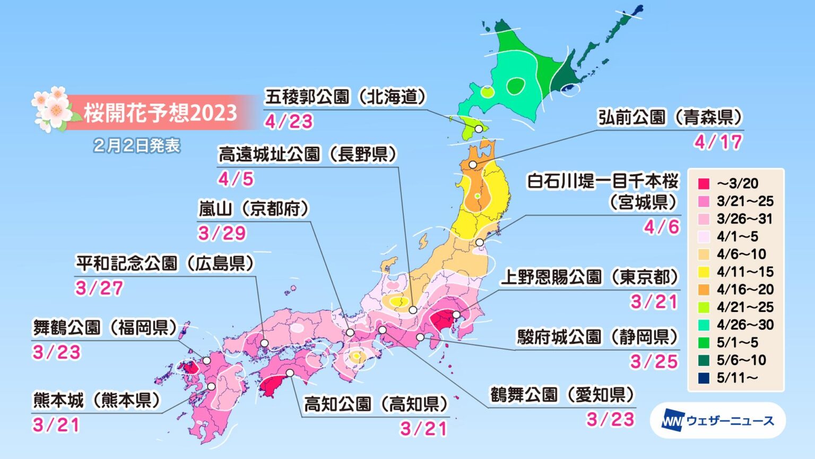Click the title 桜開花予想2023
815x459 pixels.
(160, 113)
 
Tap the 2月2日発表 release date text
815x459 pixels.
(137, 146)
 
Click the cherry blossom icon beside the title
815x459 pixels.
(52, 109)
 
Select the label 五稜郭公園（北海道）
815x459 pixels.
(346, 97)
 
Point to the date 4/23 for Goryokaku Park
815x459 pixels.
(289, 122)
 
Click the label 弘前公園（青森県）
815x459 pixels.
(670, 117)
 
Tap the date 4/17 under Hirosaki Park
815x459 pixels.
(718, 142)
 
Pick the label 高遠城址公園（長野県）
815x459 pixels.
(308, 155)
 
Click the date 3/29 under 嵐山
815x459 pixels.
(222, 233)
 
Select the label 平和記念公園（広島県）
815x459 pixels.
(165, 263)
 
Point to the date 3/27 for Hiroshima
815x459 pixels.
(99, 288)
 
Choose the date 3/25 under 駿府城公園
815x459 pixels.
(654, 362)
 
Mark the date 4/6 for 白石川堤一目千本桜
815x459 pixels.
(661, 227)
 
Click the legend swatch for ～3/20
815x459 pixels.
(704, 184)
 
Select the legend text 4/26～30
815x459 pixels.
(745, 325)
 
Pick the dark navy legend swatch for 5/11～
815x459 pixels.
(704, 378)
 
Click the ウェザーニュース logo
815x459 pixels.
(717, 421)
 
